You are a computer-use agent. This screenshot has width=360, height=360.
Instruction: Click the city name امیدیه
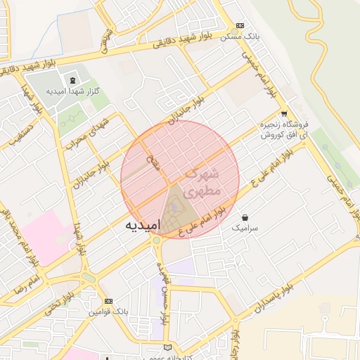click(x=142, y=225)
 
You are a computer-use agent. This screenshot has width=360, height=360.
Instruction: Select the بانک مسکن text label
click(x=240, y=36)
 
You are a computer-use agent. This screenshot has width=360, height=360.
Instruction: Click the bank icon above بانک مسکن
click(x=240, y=24)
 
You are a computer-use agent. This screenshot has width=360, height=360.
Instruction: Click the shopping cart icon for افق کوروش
click(x=284, y=113)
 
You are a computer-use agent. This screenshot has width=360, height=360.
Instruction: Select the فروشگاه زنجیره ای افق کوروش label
click(x=285, y=129)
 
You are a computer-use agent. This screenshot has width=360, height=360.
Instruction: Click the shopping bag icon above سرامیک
click(x=244, y=217)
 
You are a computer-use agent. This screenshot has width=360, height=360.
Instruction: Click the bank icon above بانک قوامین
click(x=108, y=301)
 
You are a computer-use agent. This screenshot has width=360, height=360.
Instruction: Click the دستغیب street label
click(x=21, y=133)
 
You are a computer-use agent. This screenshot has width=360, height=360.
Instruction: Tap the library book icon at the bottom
click(x=167, y=347)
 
